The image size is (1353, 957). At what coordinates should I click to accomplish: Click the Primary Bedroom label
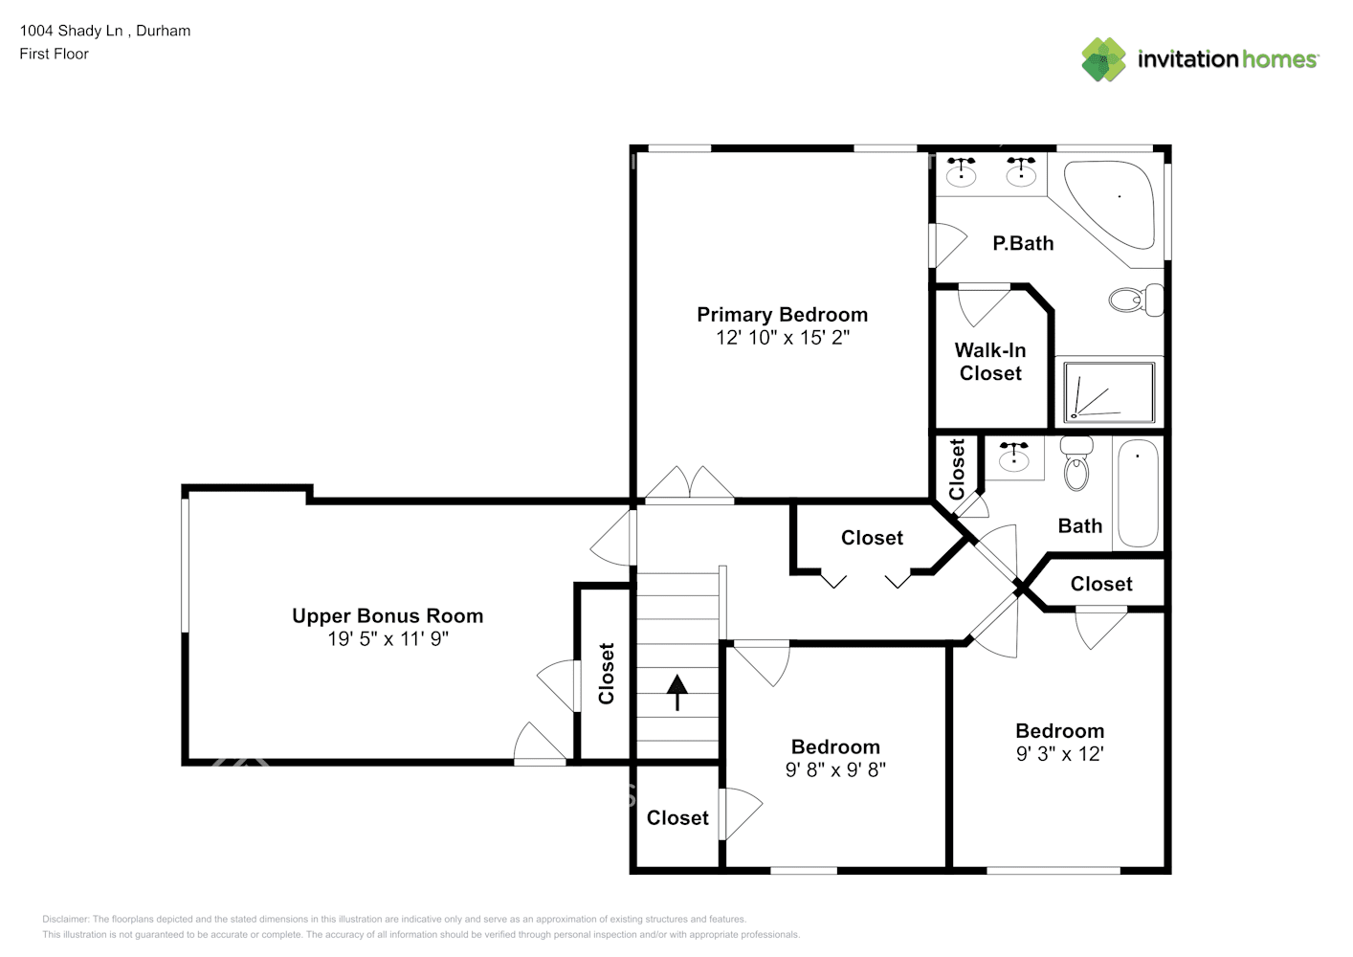click(782, 315)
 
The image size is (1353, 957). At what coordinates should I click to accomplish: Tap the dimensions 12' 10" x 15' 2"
click(782, 337)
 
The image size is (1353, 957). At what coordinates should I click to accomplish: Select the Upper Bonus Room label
click(388, 615)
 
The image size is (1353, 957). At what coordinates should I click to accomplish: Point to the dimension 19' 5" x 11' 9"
click(388, 638)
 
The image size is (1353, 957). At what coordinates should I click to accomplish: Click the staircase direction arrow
click(677, 692)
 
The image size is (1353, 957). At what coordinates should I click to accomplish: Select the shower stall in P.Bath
click(1109, 392)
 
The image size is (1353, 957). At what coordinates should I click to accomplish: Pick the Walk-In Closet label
click(990, 362)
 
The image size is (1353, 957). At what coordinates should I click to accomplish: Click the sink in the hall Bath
click(1014, 458)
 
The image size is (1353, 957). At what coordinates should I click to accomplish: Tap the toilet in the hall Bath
click(1076, 463)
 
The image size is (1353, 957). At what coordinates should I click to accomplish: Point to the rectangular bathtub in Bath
click(1138, 494)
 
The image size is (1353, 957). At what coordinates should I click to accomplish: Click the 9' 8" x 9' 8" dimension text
click(835, 769)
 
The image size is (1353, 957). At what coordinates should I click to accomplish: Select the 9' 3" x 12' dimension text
click(1060, 754)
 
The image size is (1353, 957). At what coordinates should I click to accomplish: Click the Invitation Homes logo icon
click(1103, 59)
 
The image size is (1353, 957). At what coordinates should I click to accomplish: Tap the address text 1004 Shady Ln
click(71, 31)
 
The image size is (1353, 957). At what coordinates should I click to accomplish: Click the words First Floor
click(55, 54)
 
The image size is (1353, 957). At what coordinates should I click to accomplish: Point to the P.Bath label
click(1023, 243)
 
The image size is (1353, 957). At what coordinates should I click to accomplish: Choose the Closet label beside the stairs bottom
click(677, 817)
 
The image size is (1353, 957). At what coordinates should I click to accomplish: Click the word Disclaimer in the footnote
click(65, 919)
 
